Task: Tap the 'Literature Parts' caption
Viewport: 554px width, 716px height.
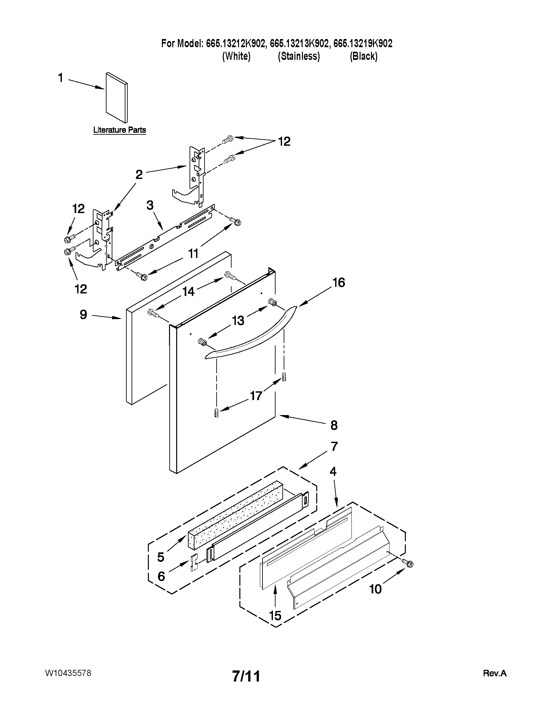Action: (120, 130)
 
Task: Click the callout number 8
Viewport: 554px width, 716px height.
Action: (334, 426)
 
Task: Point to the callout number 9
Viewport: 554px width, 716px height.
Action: (83, 315)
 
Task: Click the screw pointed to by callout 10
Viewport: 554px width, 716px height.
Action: (409, 564)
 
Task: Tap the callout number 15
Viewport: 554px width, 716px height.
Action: (275, 616)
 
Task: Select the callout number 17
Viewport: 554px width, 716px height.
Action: (256, 396)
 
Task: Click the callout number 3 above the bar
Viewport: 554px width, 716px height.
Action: (150, 206)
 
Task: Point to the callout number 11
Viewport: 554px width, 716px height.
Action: (193, 253)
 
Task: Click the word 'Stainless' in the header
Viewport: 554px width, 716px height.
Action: (299, 56)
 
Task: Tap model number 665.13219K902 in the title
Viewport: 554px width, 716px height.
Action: (363, 44)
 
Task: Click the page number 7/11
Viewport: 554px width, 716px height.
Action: (246, 676)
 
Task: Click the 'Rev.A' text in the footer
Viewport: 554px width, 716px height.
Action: (495, 673)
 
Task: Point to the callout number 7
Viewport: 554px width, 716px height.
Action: (334, 446)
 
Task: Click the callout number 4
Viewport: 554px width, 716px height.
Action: (333, 472)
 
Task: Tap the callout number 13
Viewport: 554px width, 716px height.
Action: (238, 320)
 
